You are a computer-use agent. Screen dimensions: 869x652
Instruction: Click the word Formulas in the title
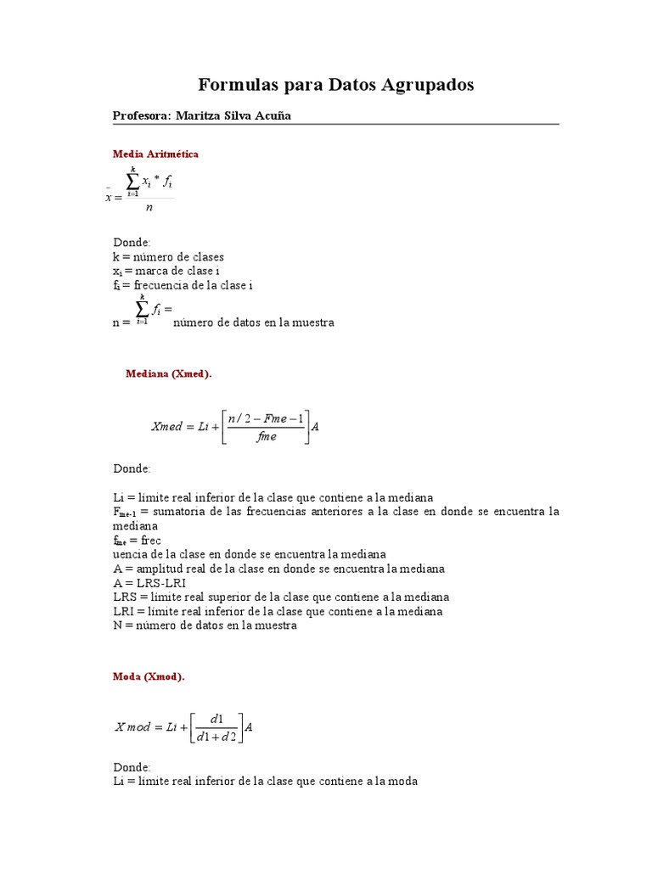coord(234,85)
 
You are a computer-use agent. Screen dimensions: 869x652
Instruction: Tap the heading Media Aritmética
coord(155,154)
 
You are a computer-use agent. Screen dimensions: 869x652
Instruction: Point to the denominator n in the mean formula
coord(149,206)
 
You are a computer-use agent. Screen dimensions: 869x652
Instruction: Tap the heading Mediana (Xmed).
coord(168,373)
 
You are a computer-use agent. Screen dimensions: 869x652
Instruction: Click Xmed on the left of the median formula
coord(166,427)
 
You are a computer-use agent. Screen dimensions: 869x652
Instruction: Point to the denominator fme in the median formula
coord(267,437)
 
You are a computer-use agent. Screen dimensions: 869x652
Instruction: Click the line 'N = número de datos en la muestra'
coord(205,625)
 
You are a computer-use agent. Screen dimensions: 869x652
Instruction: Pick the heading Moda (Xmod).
coord(149,676)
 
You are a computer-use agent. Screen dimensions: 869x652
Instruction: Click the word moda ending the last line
coord(403,781)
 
